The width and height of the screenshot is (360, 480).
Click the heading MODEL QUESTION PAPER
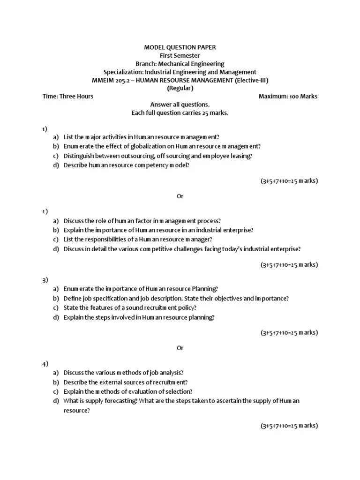(x=180, y=47)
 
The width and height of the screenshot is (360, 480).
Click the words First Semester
(x=180, y=55)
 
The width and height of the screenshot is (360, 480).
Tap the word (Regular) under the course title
(x=180, y=88)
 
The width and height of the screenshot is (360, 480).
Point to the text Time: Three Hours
(x=68, y=97)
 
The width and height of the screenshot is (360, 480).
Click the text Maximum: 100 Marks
(x=288, y=97)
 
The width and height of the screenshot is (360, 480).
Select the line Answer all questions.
(x=180, y=105)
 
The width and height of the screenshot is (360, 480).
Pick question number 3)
(x=45, y=280)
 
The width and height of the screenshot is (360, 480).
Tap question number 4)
(x=45, y=364)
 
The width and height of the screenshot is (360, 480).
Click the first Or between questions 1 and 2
(x=180, y=196)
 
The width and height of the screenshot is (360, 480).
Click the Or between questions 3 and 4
(x=180, y=348)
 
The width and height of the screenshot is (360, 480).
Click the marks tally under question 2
(x=289, y=265)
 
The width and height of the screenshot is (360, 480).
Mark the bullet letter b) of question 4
(x=56, y=382)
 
